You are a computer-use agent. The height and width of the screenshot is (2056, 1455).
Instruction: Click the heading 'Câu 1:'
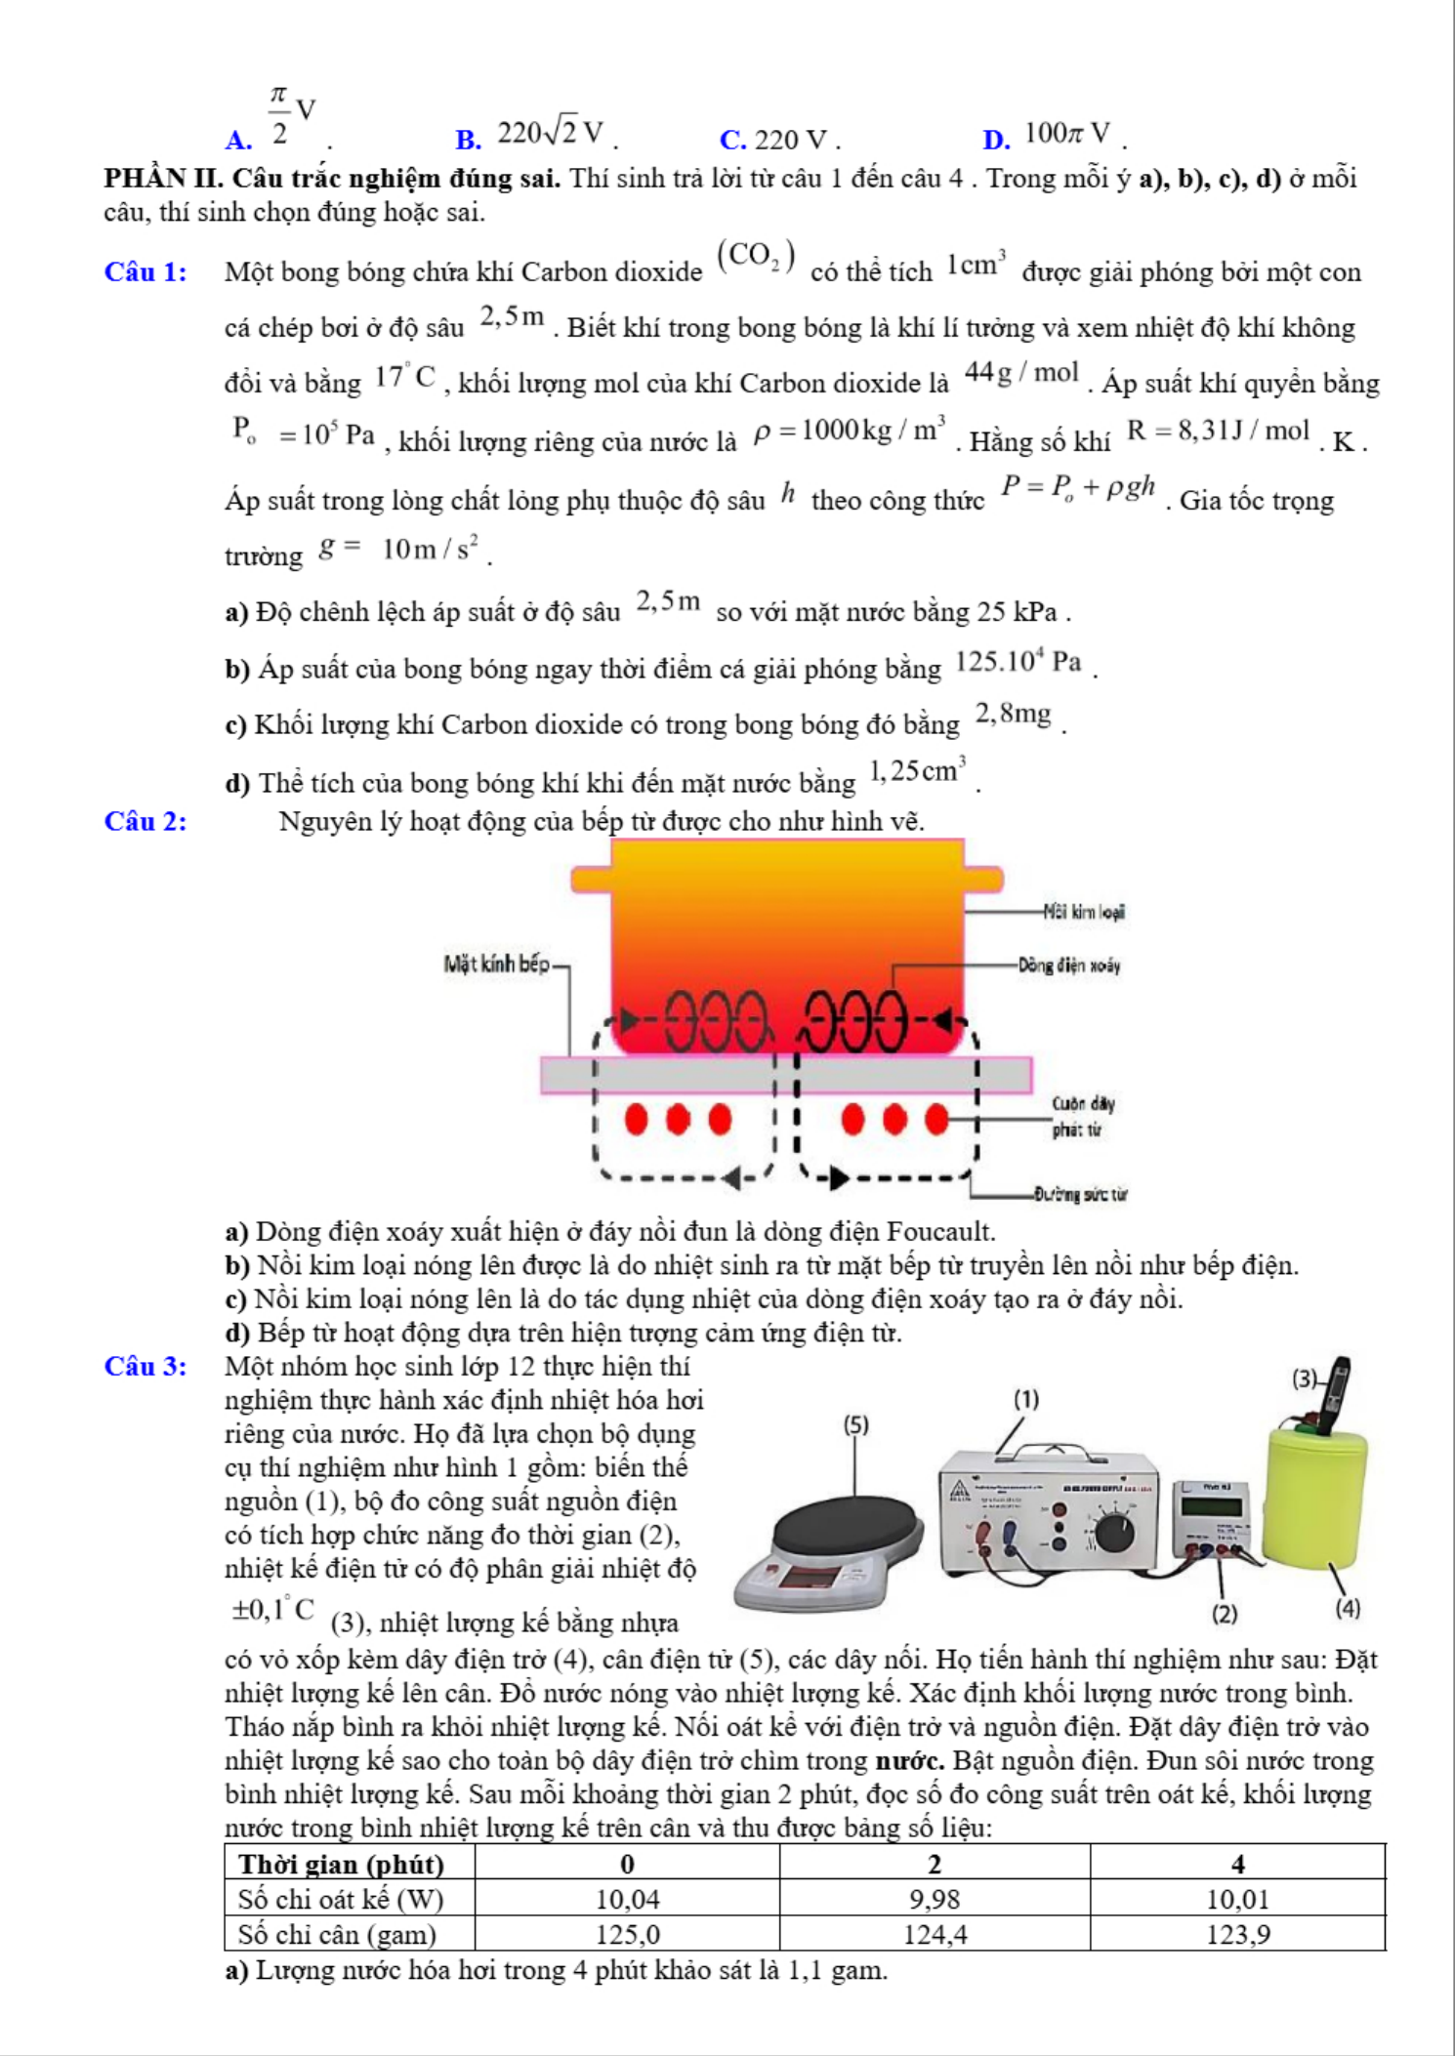tap(145, 271)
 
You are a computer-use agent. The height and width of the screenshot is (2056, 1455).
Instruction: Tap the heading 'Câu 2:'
tap(145, 821)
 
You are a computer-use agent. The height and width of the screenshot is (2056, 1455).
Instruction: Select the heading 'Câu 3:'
tap(145, 1366)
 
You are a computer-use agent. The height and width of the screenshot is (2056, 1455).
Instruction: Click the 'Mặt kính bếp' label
tap(496, 965)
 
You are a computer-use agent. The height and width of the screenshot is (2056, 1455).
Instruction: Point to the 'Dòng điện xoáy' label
tap(1069, 966)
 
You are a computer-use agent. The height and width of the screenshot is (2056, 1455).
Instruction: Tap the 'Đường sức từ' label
tap(1081, 1193)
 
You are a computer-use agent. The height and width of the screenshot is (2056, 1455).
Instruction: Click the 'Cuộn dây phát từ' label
tap(1082, 1117)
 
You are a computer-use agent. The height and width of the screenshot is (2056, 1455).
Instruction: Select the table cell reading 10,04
tap(627, 1899)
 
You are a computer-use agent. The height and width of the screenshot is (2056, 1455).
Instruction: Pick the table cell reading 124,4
tap(934, 1934)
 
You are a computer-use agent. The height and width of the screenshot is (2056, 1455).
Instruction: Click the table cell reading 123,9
tap(1237, 1934)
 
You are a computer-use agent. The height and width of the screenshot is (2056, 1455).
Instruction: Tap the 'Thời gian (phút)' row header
tap(341, 1864)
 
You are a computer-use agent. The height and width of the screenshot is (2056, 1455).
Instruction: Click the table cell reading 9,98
tap(934, 1899)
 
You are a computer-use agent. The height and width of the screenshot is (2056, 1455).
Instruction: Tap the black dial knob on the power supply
tap(1114, 1531)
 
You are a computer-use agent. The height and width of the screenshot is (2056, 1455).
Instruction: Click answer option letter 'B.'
tap(469, 140)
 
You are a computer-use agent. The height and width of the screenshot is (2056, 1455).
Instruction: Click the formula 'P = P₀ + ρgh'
tap(1077, 487)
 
